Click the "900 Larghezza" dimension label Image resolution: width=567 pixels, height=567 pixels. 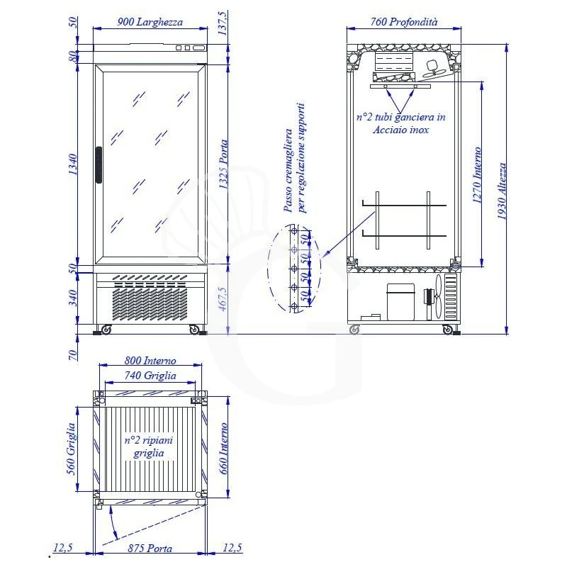pyautogui.click(x=150, y=22)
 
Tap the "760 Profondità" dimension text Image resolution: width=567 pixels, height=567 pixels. pyautogui.click(x=404, y=22)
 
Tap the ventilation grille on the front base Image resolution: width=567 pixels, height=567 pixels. pyautogui.click(x=149, y=301)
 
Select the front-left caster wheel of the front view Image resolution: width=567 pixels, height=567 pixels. pyautogui.click(x=106, y=330)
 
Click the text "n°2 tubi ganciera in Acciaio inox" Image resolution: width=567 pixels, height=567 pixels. pyautogui.click(x=400, y=124)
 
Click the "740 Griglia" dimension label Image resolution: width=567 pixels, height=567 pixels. pyautogui.click(x=150, y=376)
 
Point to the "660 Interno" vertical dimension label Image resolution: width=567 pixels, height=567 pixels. pyautogui.click(x=225, y=450)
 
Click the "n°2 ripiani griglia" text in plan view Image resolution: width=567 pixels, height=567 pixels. pyautogui.click(x=149, y=447)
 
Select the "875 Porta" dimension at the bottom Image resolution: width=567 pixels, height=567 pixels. pyautogui.click(x=150, y=549)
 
